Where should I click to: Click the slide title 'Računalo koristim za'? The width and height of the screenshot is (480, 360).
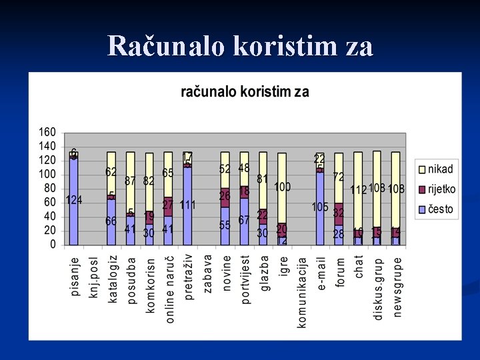(240, 45)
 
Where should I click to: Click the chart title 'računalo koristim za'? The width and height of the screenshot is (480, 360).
(245, 92)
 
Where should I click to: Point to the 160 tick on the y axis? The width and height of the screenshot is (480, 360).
(47, 133)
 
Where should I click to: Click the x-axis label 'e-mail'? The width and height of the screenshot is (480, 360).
(321, 274)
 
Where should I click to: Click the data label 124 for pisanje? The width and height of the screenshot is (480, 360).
(74, 201)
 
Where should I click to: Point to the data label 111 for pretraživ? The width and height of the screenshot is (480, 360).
(187, 205)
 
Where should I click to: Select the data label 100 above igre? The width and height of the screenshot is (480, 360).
(282, 187)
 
